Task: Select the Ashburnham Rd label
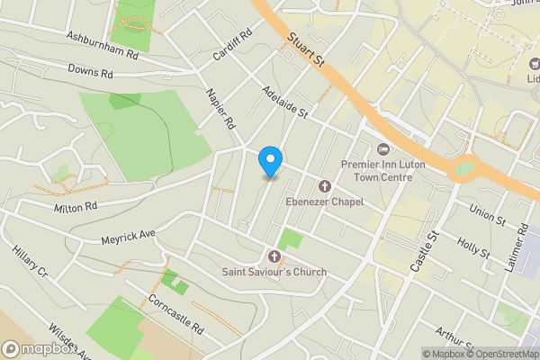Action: pyautogui.click(x=103, y=44)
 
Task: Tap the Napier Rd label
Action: pyautogui.click(x=219, y=108)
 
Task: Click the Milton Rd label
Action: pyautogui.click(x=74, y=207)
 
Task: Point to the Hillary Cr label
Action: pyautogui.click(x=29, y=261)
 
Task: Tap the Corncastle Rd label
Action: pyautogui.click(x=176, y=315)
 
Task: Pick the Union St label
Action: pyautogui.click(x=488, y=214)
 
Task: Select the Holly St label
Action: pyautogui.click(x=472, y=248)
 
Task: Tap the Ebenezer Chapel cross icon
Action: pyautogui.click(x=325, y=186)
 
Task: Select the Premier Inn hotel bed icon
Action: pyautogui.click(x=382, y=148)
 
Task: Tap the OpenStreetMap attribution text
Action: pyautogui.click(x=496, y=353)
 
